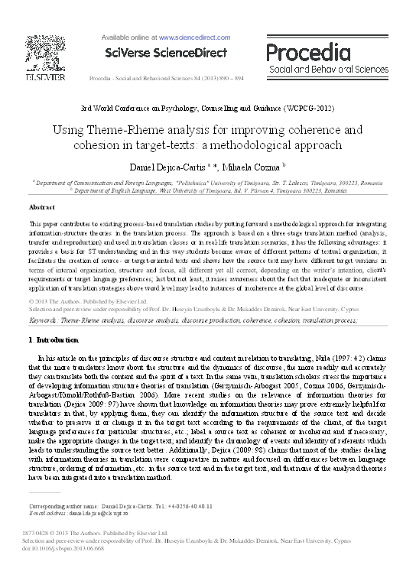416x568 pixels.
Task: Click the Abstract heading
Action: [42, 207]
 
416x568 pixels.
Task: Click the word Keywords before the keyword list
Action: [45, 322]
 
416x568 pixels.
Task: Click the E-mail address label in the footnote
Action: [50, 514]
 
